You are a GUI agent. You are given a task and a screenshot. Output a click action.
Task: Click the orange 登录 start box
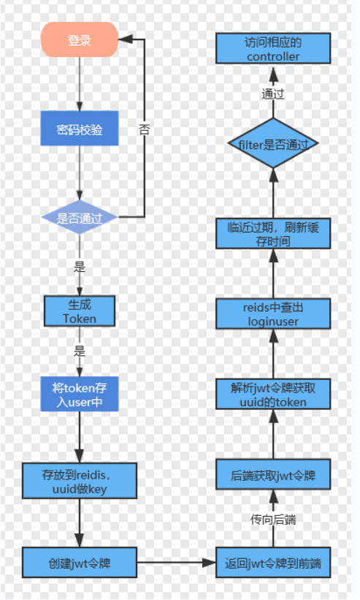(x=80, y=39)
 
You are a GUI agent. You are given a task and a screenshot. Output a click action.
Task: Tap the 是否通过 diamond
(x=80, y=217)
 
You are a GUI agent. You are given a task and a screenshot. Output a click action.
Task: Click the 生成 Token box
(x=80, y=311)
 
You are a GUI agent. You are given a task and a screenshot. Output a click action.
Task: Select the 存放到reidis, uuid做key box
(x=80, y=481)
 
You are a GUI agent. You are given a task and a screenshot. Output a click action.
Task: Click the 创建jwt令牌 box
(x=80, y=563)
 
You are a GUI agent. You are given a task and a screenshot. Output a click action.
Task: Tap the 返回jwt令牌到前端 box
(x=272, y=563)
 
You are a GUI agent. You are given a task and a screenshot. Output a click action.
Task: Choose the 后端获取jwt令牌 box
(x=272, y=476)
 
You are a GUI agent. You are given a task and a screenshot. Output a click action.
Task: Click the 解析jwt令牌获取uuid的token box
(x=272, y=395)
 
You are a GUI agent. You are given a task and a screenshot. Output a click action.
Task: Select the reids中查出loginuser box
(x=272, y=313)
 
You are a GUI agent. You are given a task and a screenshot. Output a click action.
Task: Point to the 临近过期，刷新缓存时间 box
(x=272, y=233)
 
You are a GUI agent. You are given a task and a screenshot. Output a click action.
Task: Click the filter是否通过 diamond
(x=272, y=144)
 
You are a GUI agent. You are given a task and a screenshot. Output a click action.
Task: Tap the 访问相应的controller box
(x=272, y=50)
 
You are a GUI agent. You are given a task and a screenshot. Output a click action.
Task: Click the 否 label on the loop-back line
(x=145, y=129)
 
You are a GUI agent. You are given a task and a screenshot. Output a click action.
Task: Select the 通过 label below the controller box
(x=272, y=94)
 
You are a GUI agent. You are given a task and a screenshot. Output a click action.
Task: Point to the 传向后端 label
(x=272, y=520)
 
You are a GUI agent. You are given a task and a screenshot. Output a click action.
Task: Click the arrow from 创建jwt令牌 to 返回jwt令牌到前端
(x=176, y=563)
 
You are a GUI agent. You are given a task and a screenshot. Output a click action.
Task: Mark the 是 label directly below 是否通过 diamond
(x=80, y=267)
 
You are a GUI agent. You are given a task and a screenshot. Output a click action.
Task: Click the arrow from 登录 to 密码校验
(x=80, y=83)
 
